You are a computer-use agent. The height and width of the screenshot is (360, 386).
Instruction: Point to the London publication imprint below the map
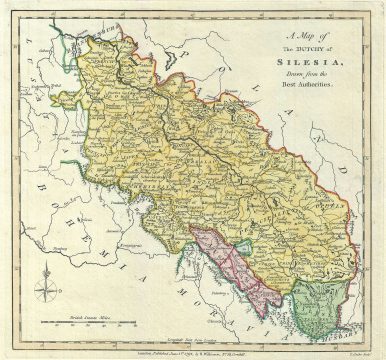click(190, 346)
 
